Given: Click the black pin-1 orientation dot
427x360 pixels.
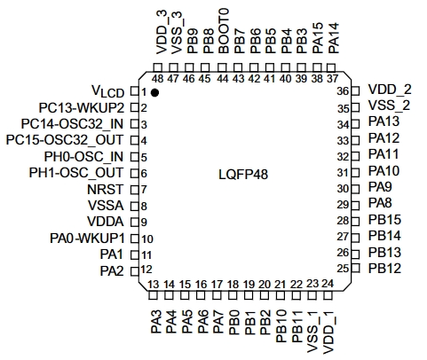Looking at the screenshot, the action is coord(154,92).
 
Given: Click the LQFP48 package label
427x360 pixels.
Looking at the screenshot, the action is coord(243,175).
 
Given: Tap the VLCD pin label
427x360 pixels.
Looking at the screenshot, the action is coord(107,91).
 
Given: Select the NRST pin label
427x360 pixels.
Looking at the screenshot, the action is coord(105,190).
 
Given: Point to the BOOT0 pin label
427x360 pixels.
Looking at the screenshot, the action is coord(224,31).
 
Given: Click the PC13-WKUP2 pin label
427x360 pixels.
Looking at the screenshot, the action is coord(82,108).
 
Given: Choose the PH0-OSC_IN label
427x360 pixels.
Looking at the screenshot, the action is coord(83,157).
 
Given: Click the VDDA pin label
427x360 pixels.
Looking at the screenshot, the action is coord(106,222).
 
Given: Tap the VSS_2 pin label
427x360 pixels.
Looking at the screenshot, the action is coord(390,106).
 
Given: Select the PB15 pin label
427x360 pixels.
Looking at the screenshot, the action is coord(384,220).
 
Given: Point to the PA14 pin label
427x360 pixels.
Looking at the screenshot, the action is coord(334,38).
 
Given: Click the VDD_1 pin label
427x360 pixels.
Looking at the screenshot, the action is coord(328,333).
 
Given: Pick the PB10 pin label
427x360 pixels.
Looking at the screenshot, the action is coord(281,325).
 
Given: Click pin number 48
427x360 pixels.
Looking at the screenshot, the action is coord(157,79).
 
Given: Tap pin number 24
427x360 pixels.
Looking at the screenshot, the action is coord(328,284).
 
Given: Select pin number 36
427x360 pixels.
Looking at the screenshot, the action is coord(343,91).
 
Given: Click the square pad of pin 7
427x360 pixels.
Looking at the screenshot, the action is coord(135,190).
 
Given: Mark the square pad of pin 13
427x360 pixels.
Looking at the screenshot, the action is coord(153,295).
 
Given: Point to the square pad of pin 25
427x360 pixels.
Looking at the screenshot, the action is coord(355,269).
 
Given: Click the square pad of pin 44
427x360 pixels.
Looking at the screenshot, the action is coord(222,67).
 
